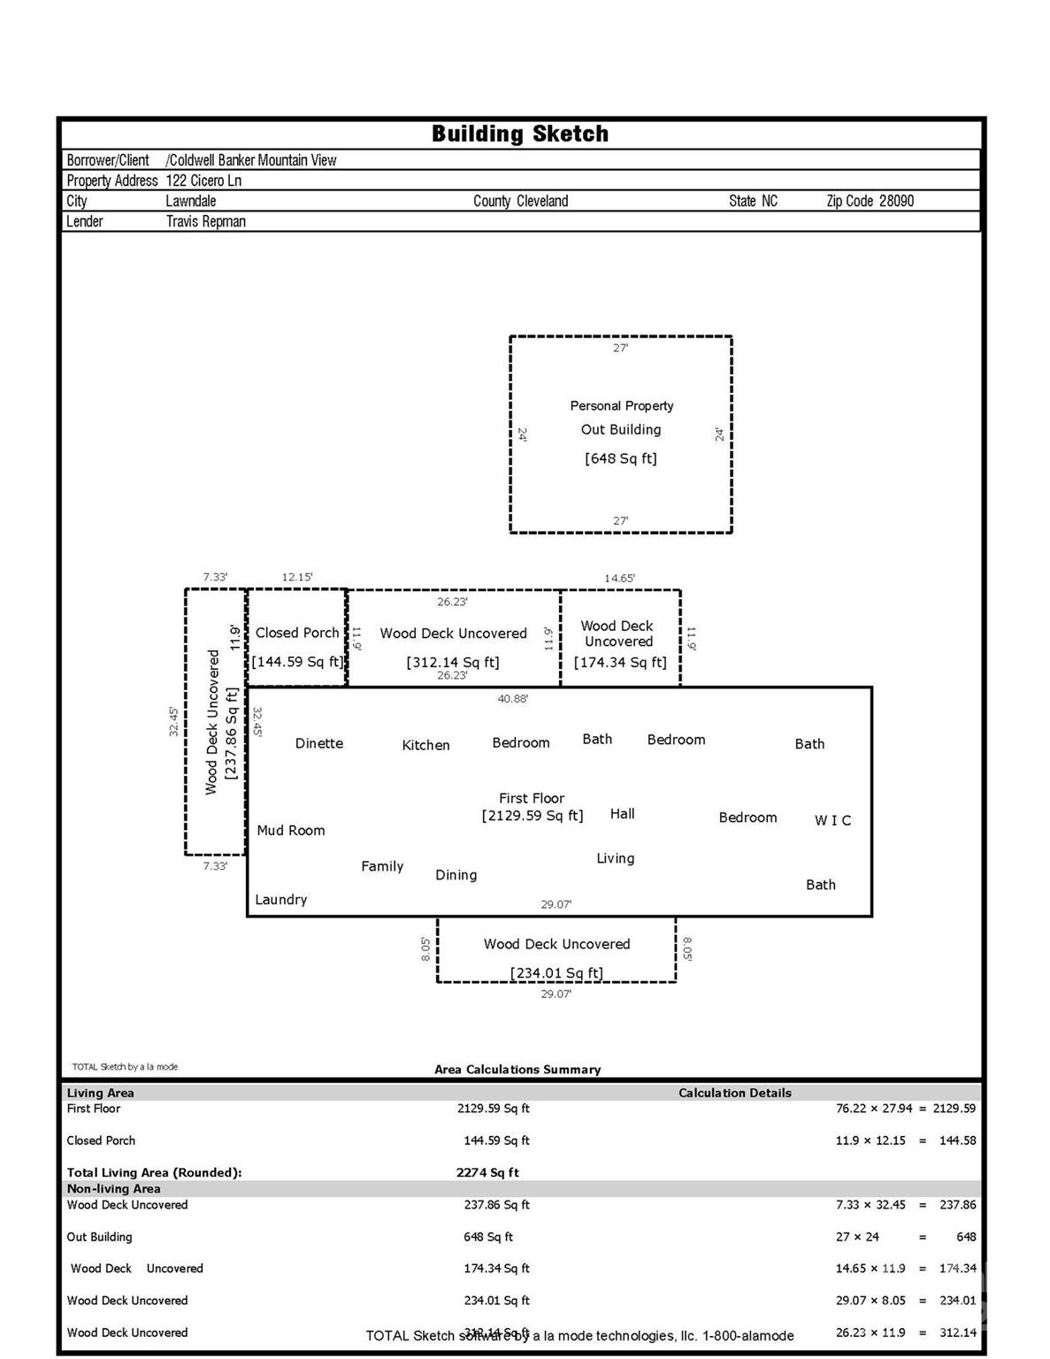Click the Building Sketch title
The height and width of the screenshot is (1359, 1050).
[520, 134]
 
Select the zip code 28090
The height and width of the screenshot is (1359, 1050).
[896, 201]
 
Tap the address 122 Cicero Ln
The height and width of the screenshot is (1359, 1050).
[203, 180]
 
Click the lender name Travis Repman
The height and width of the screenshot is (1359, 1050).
[206, 221]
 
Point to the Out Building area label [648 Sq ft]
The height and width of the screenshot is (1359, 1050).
[621, 458]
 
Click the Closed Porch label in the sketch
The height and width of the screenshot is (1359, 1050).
[297, 633]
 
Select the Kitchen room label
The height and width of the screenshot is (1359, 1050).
[425, 745]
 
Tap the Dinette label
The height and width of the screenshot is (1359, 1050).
[319, 743]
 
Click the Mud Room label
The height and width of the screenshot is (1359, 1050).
[291, 830]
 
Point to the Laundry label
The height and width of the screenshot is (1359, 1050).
[281, 899]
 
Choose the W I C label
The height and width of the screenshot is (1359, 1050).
[833, 820]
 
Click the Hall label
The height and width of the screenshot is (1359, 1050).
[623, 814]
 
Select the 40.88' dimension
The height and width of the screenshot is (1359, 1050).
[513, 699]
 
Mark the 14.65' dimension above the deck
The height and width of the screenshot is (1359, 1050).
[619, 579]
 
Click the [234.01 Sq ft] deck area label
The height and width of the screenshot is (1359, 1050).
[556, 973]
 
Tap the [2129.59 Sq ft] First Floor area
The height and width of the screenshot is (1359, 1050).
[533, 816]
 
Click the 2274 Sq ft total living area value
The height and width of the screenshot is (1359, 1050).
[487, 1172]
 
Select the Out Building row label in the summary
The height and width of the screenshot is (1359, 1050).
[100, 1237]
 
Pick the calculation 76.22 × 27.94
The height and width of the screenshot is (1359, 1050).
[874, 1109]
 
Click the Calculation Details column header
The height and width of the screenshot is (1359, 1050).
[735, 1093]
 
